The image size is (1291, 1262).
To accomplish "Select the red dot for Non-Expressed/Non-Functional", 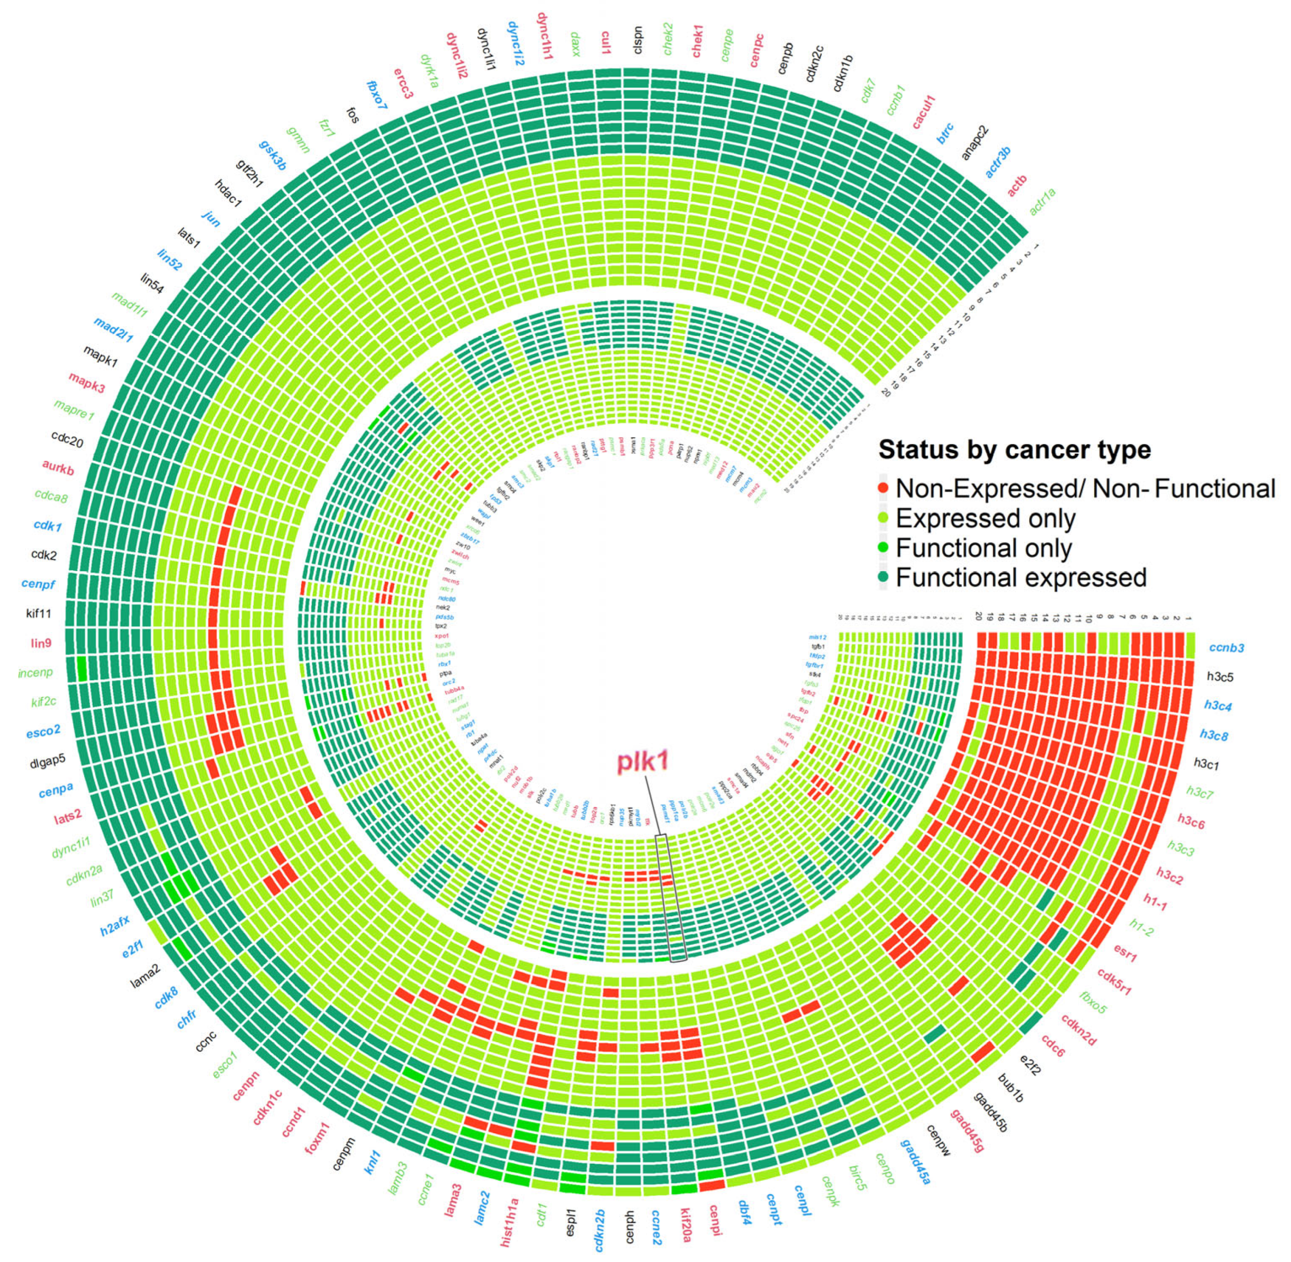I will coord(882,489).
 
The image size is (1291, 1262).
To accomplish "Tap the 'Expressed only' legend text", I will coord(985,518).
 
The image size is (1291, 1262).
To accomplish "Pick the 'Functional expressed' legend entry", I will coord(1021,577).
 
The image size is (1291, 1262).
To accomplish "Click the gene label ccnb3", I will coord(1226,647).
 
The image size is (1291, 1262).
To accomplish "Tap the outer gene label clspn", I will coord(637,40).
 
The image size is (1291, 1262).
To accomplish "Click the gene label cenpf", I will coord(39,584).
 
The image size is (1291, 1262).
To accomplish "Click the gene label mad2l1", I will coord(113,329).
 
